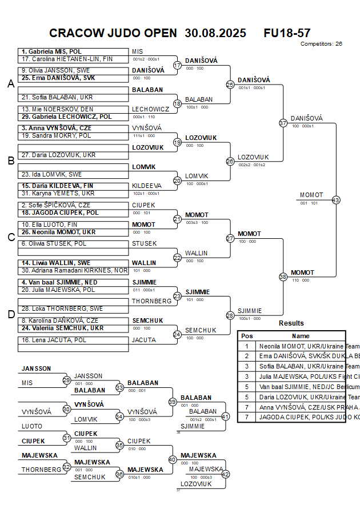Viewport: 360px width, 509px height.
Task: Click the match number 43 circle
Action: [x=336, y=200]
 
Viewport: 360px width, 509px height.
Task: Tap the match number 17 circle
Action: [x=177, y=66]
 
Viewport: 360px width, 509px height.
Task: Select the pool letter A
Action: [x=10, y=84]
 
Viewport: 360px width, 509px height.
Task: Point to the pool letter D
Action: [x=10, y=314]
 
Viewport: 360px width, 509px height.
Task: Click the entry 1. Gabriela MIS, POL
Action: [x=51, y=51]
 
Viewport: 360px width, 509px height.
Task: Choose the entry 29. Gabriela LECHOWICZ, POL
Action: [x=67, y=117]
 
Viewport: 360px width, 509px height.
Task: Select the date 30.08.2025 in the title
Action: [x=215, y=33]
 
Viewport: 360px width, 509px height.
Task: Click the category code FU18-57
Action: [x=287, y=33]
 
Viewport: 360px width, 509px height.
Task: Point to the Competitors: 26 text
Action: [x=321, y=43]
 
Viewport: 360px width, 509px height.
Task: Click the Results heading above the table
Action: [x=291, y=323]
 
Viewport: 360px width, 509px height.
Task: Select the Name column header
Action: [x=301, y=336]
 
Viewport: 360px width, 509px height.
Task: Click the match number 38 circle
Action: [x=283, y=276]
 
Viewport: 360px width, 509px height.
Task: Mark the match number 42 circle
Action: [x=225, y=474]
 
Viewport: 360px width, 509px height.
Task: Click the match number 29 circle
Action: [x=66, y=380]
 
